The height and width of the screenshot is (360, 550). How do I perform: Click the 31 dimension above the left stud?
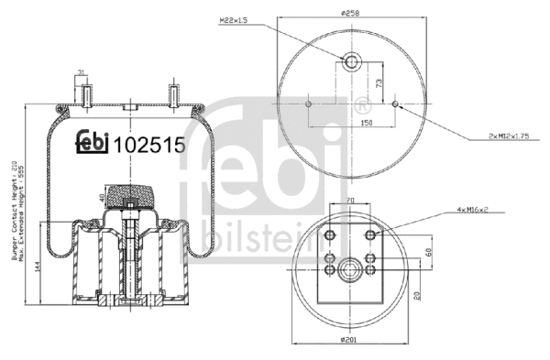(x=81, y=72)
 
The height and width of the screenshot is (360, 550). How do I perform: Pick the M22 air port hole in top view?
(x=353, y=62)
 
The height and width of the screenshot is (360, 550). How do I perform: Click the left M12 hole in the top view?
(x=312, y=105)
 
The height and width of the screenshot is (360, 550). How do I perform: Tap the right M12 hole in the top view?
(x=395, y=105)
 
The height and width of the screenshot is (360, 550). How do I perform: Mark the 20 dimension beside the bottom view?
(x=417, y=294)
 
